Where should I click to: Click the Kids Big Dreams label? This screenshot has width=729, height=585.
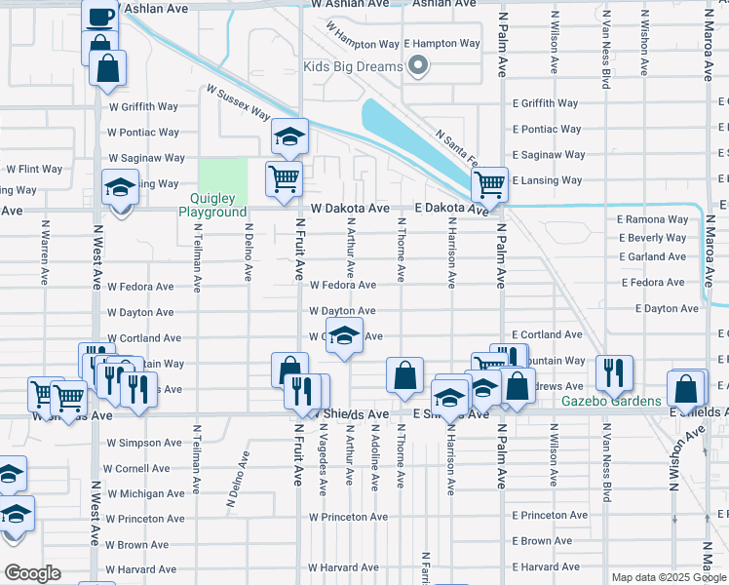pyautogui.click(x=353, y=66)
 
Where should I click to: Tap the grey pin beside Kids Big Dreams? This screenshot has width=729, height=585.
pyautogui.click(x=418, y=66)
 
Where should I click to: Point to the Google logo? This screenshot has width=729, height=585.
pyautogui.click(x=32, y=573)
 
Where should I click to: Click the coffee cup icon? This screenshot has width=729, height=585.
pyautogui.click(x=100, y=17)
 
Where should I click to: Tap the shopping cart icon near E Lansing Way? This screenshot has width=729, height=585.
pyautogui.click(x=489, y=183)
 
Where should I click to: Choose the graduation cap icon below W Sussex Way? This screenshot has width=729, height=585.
pyautogui.click(x=288, y=137)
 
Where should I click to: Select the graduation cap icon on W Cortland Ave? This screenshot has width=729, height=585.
pyautogui.click(x=343, y=335)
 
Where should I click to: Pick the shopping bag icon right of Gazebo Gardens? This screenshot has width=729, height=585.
pyautogui.click(x=687, y=387)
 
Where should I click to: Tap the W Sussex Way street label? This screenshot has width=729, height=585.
pyautogui.click(x=238, y=101)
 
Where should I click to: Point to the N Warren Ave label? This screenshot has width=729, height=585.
pyautogui.click(x=45, y=251)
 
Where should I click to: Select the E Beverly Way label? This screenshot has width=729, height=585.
pyautogui.click(x=652, y=238)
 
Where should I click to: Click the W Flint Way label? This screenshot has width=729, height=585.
pyautogui.click(x=35, y=169)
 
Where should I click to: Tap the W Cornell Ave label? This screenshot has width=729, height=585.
pyautogui.click(x=144, y=468)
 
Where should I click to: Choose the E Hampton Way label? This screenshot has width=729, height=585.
pyautogui.click(x=441, y=44)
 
